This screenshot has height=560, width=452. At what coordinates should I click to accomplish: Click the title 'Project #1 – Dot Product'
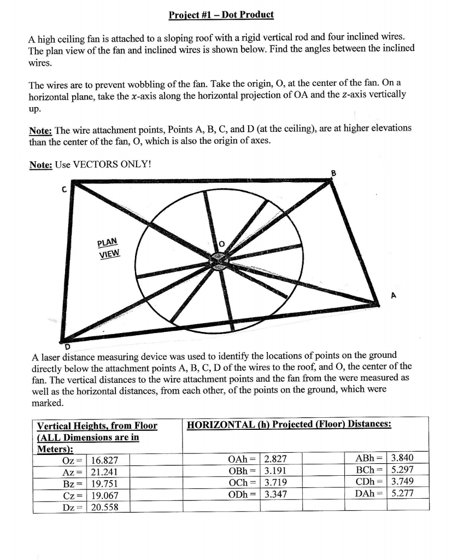click(221, 14)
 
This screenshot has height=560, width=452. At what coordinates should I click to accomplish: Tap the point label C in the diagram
click(64, 189)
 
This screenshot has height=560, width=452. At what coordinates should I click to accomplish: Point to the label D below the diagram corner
click(68, 346)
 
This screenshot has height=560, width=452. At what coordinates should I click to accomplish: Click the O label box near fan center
click(222, 243)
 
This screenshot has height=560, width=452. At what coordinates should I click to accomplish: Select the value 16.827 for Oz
click(105, 460)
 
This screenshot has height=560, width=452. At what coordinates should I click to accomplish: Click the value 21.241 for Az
click(105, 472)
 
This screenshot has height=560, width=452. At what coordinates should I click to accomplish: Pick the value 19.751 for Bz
click(105, 484)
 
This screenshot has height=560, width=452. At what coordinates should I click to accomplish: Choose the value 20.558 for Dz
click(105, 507)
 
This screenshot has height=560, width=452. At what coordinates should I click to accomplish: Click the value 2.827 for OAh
click(275, 460)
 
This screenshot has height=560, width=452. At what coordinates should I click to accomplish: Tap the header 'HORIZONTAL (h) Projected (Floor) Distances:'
click(289, 424)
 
